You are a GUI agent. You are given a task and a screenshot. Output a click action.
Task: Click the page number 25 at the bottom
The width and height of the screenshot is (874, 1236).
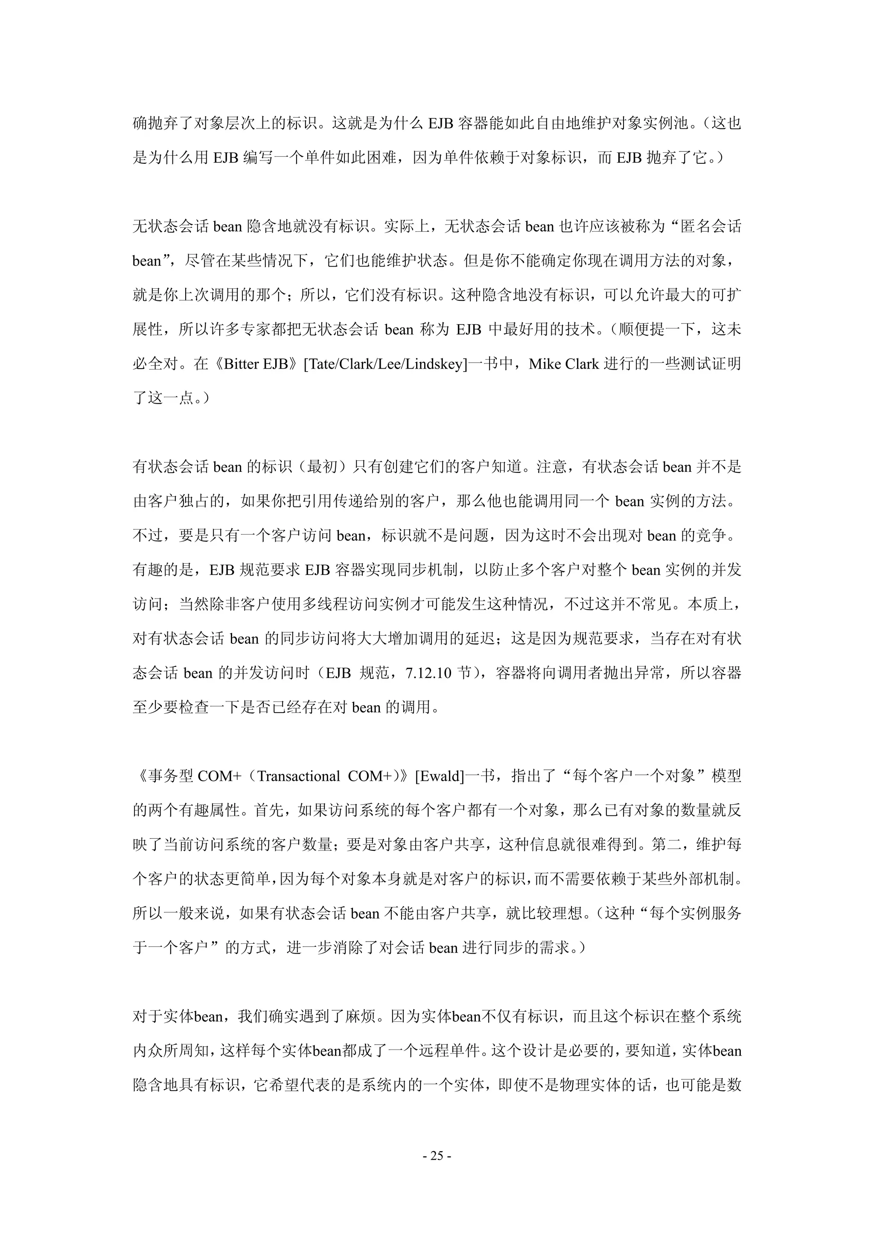(437, 1156)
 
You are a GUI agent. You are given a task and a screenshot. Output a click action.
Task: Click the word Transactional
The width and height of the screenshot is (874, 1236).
(299, 776)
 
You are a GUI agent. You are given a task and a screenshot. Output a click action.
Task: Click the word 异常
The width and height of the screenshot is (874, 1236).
(650, 673)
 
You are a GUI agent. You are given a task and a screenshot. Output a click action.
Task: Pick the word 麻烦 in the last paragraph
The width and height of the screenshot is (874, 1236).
(358, 1017)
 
